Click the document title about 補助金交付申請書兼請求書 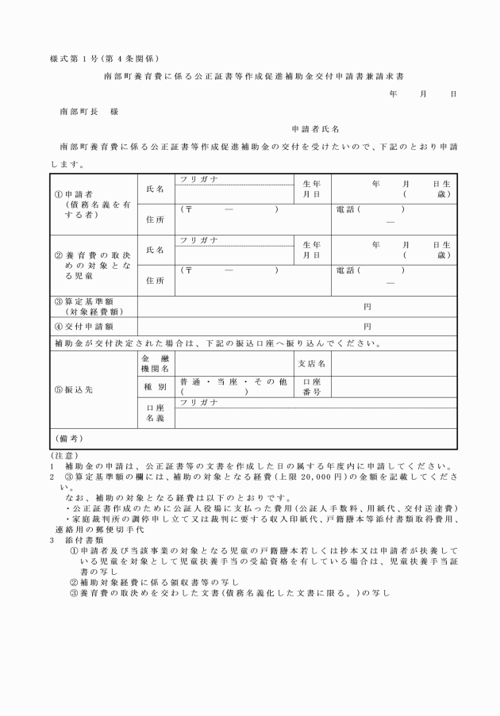click(254, 76)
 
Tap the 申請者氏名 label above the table click(316, 129)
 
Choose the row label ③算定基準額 click(88, 306)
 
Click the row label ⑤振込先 click(74, 389)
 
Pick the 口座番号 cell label click(311, 386)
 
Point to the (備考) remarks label click(70, 438)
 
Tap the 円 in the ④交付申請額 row click(367, 326)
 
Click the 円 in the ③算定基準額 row click(367, 306)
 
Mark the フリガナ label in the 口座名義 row click(199, 403)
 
